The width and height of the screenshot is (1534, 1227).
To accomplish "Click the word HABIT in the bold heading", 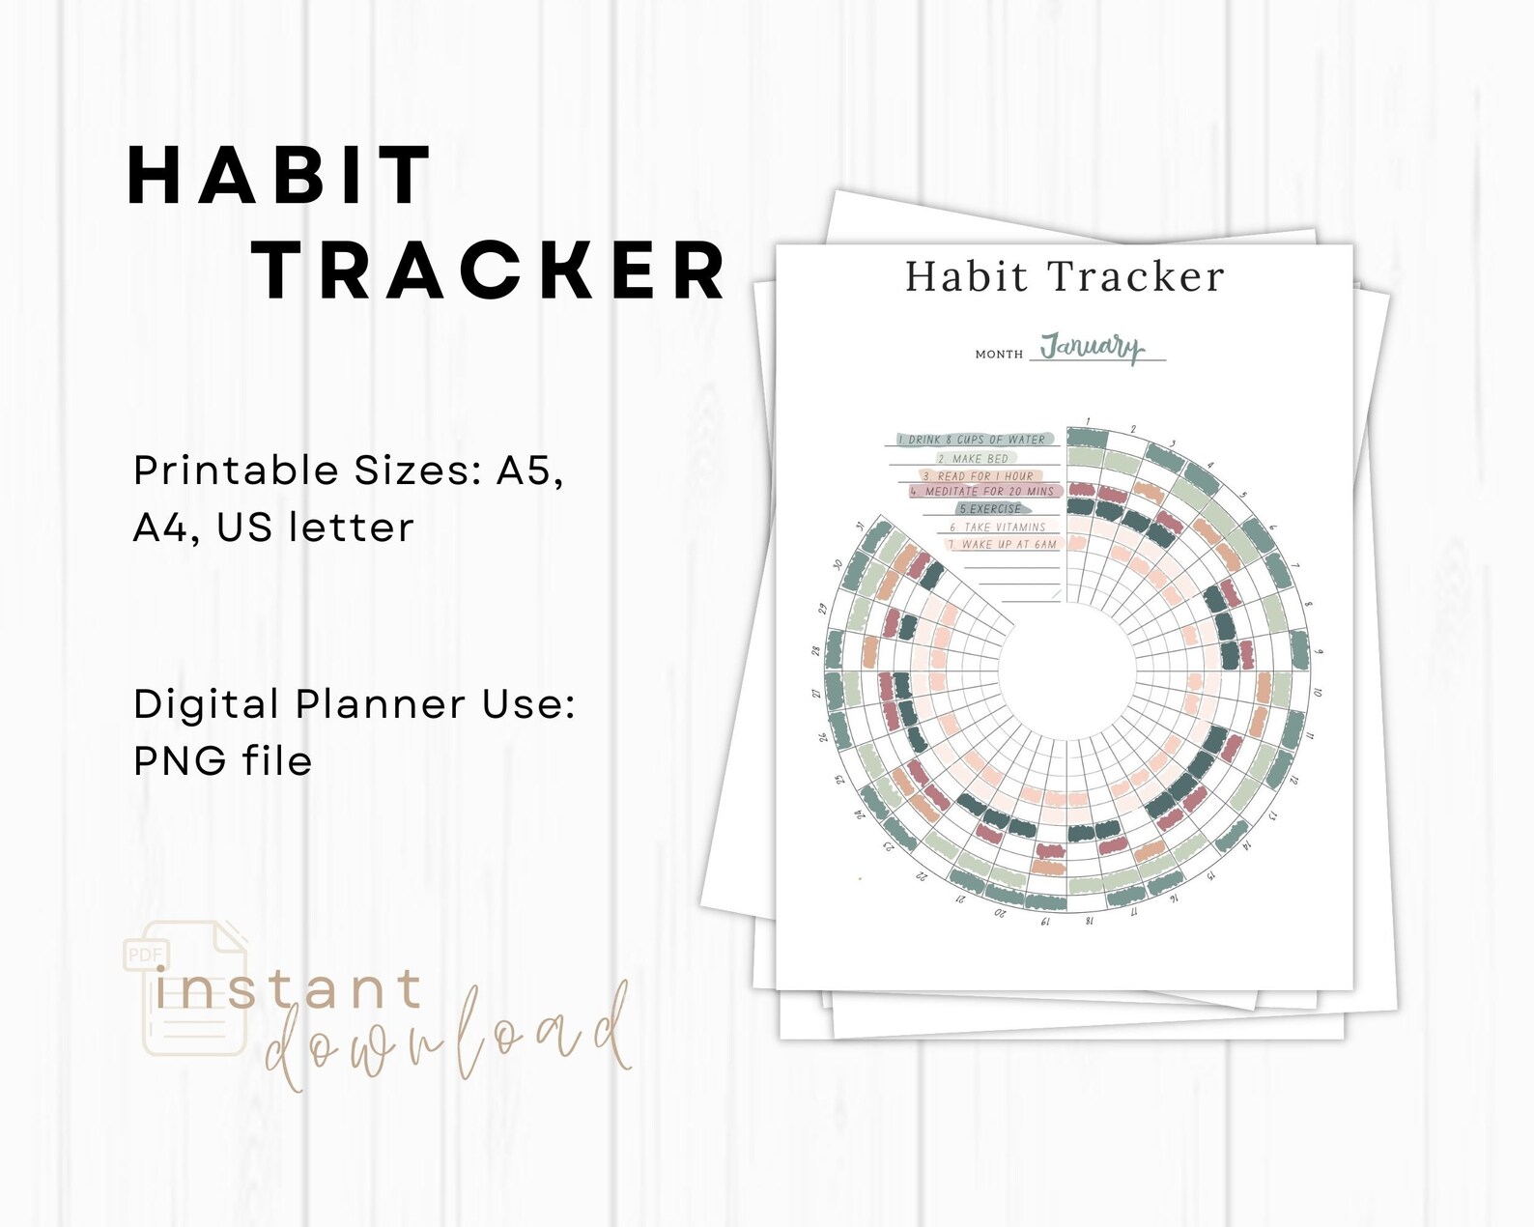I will click(x=279, y=176).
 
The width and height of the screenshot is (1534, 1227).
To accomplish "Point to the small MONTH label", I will click(x=999, y=355).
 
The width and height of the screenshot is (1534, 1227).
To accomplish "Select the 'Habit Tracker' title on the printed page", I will click(x=1065, y=277).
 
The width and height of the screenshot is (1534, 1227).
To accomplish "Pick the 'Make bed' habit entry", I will click(x=974, y=459).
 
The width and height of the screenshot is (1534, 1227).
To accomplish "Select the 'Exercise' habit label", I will click(x=990, y=509).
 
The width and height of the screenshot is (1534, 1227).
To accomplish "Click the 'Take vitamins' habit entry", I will click(x=998, y=528).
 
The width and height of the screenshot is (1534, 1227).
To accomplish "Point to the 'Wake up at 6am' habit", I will click(x=1004, y=545).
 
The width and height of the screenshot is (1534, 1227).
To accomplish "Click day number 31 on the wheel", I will click(x=860, y=526).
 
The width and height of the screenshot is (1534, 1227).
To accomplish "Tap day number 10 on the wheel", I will click(x=1319, y=692).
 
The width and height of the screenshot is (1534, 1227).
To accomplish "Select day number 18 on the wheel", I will click(x=1090, y=920).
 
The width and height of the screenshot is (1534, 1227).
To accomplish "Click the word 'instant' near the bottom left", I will click(x=288, y=990).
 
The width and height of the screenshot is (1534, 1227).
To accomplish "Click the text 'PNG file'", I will click(x=223, y=761).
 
